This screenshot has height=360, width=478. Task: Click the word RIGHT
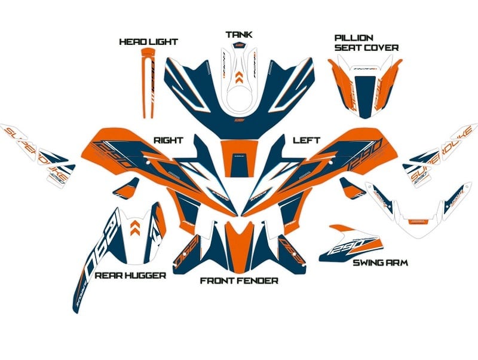(x=168, y=140)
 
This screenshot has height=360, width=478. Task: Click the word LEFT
(x=307, y=140)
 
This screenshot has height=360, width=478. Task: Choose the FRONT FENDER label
(x=239, y=280)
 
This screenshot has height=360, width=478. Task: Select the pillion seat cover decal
(x=364, y=84)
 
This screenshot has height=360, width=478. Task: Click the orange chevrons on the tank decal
(x=239, y=75)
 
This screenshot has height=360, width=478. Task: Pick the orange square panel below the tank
(x=238, y=157)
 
